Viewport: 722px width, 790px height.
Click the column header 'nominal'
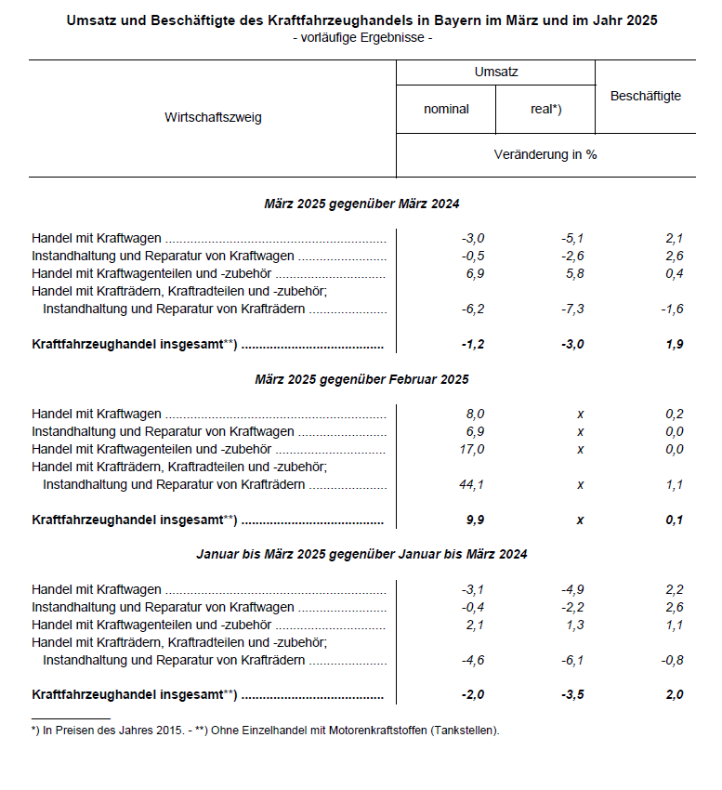[x=446, y=109]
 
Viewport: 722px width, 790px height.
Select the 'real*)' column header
[x=545, y=109]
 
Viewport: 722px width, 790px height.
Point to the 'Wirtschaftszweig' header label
[x=213, y=118]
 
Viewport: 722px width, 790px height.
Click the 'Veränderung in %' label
[x=545, y=154]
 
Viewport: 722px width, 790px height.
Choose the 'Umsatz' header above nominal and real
[x=496, y=71]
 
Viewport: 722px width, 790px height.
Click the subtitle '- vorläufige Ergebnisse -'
[x=361, y=38]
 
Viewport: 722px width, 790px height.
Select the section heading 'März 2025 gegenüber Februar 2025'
[x=361, y=379]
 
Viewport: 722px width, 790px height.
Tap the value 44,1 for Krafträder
[x=473, y=484]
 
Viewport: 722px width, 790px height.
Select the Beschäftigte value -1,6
[x=673, y=309]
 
